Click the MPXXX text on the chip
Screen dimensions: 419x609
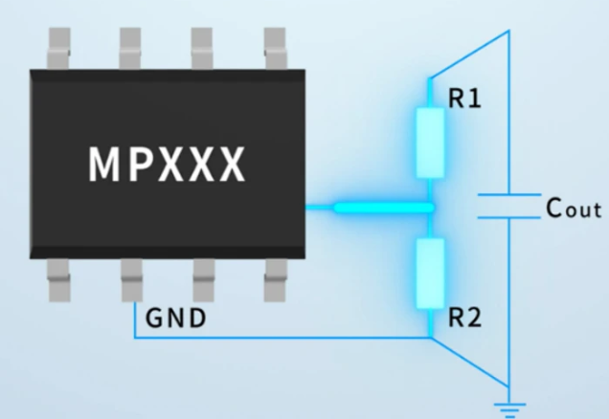tap(168, 165)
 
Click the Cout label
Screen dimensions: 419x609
tap(573, 209)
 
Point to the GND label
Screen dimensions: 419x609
tap(175, 318)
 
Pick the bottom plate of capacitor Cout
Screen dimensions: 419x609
tap(508, 217)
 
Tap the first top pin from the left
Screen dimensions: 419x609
tap(59, 46)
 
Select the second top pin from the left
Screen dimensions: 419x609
tap(131, 46)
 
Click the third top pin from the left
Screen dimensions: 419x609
tap(202, 46)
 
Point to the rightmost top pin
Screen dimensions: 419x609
tap(274, 46)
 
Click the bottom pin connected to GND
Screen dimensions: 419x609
tap(131, 280)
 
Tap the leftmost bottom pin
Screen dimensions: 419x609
tap(59, 280)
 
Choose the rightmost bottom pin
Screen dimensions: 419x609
tap(274, 280)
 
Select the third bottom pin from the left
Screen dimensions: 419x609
tap(202, 280)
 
